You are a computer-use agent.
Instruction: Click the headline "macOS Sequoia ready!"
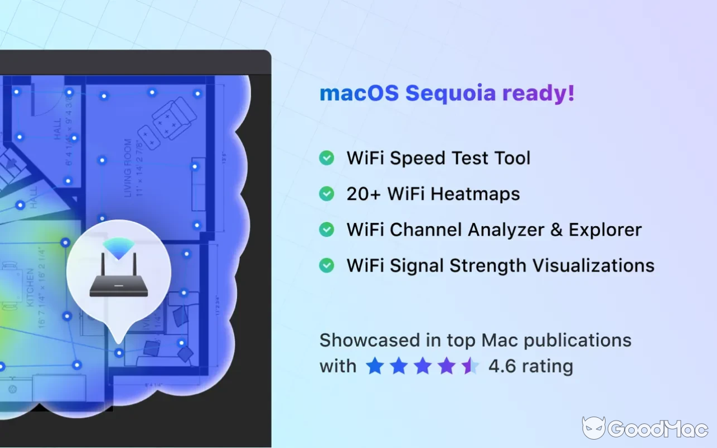click(447, 94)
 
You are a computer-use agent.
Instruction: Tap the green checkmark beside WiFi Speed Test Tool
click(327, 158)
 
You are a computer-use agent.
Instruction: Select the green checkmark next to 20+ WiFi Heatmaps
click(327, 194)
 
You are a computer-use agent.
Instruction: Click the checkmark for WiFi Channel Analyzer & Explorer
click(327, 230)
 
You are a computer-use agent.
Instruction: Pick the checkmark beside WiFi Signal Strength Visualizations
click(327, 265)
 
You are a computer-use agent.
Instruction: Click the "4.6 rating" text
click(530, 366)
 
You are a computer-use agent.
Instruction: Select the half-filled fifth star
click(470, 366)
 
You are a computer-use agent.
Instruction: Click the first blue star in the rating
click(375, 366)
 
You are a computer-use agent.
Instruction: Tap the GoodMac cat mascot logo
click(593, 428)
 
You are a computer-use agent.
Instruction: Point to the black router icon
click(118, 283)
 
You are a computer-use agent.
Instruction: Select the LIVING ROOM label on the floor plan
click(128, 168)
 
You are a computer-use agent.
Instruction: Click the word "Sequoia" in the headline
click(450, 94)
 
